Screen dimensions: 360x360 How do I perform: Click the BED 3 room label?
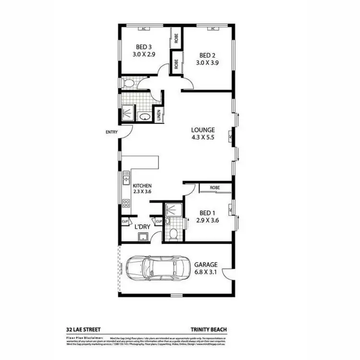pos(144,47)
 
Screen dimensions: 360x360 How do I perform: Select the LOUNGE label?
pos(203,130)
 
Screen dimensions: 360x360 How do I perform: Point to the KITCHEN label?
pos(143,185)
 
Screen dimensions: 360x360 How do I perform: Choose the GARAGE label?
pos(206,264)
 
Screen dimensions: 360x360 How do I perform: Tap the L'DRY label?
pos(143,226)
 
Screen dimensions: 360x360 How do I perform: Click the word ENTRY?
pos(112,132)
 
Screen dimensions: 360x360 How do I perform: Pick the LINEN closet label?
pos(158,116)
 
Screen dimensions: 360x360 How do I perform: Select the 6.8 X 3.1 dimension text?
pos(207,272)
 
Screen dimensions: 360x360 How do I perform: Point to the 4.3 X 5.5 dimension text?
pos(203,137)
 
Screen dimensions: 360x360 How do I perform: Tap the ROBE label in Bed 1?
pos(215,188)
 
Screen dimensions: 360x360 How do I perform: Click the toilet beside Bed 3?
pos(128,84)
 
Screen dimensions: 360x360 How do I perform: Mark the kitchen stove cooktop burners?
pos(127,203)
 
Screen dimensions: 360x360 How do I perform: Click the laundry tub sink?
pos(143,236)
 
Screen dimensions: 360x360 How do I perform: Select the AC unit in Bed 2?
pos(212,29)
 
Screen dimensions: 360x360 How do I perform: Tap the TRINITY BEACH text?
pos(208,330)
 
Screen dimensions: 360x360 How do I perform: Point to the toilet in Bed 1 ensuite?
pos(173,234)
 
